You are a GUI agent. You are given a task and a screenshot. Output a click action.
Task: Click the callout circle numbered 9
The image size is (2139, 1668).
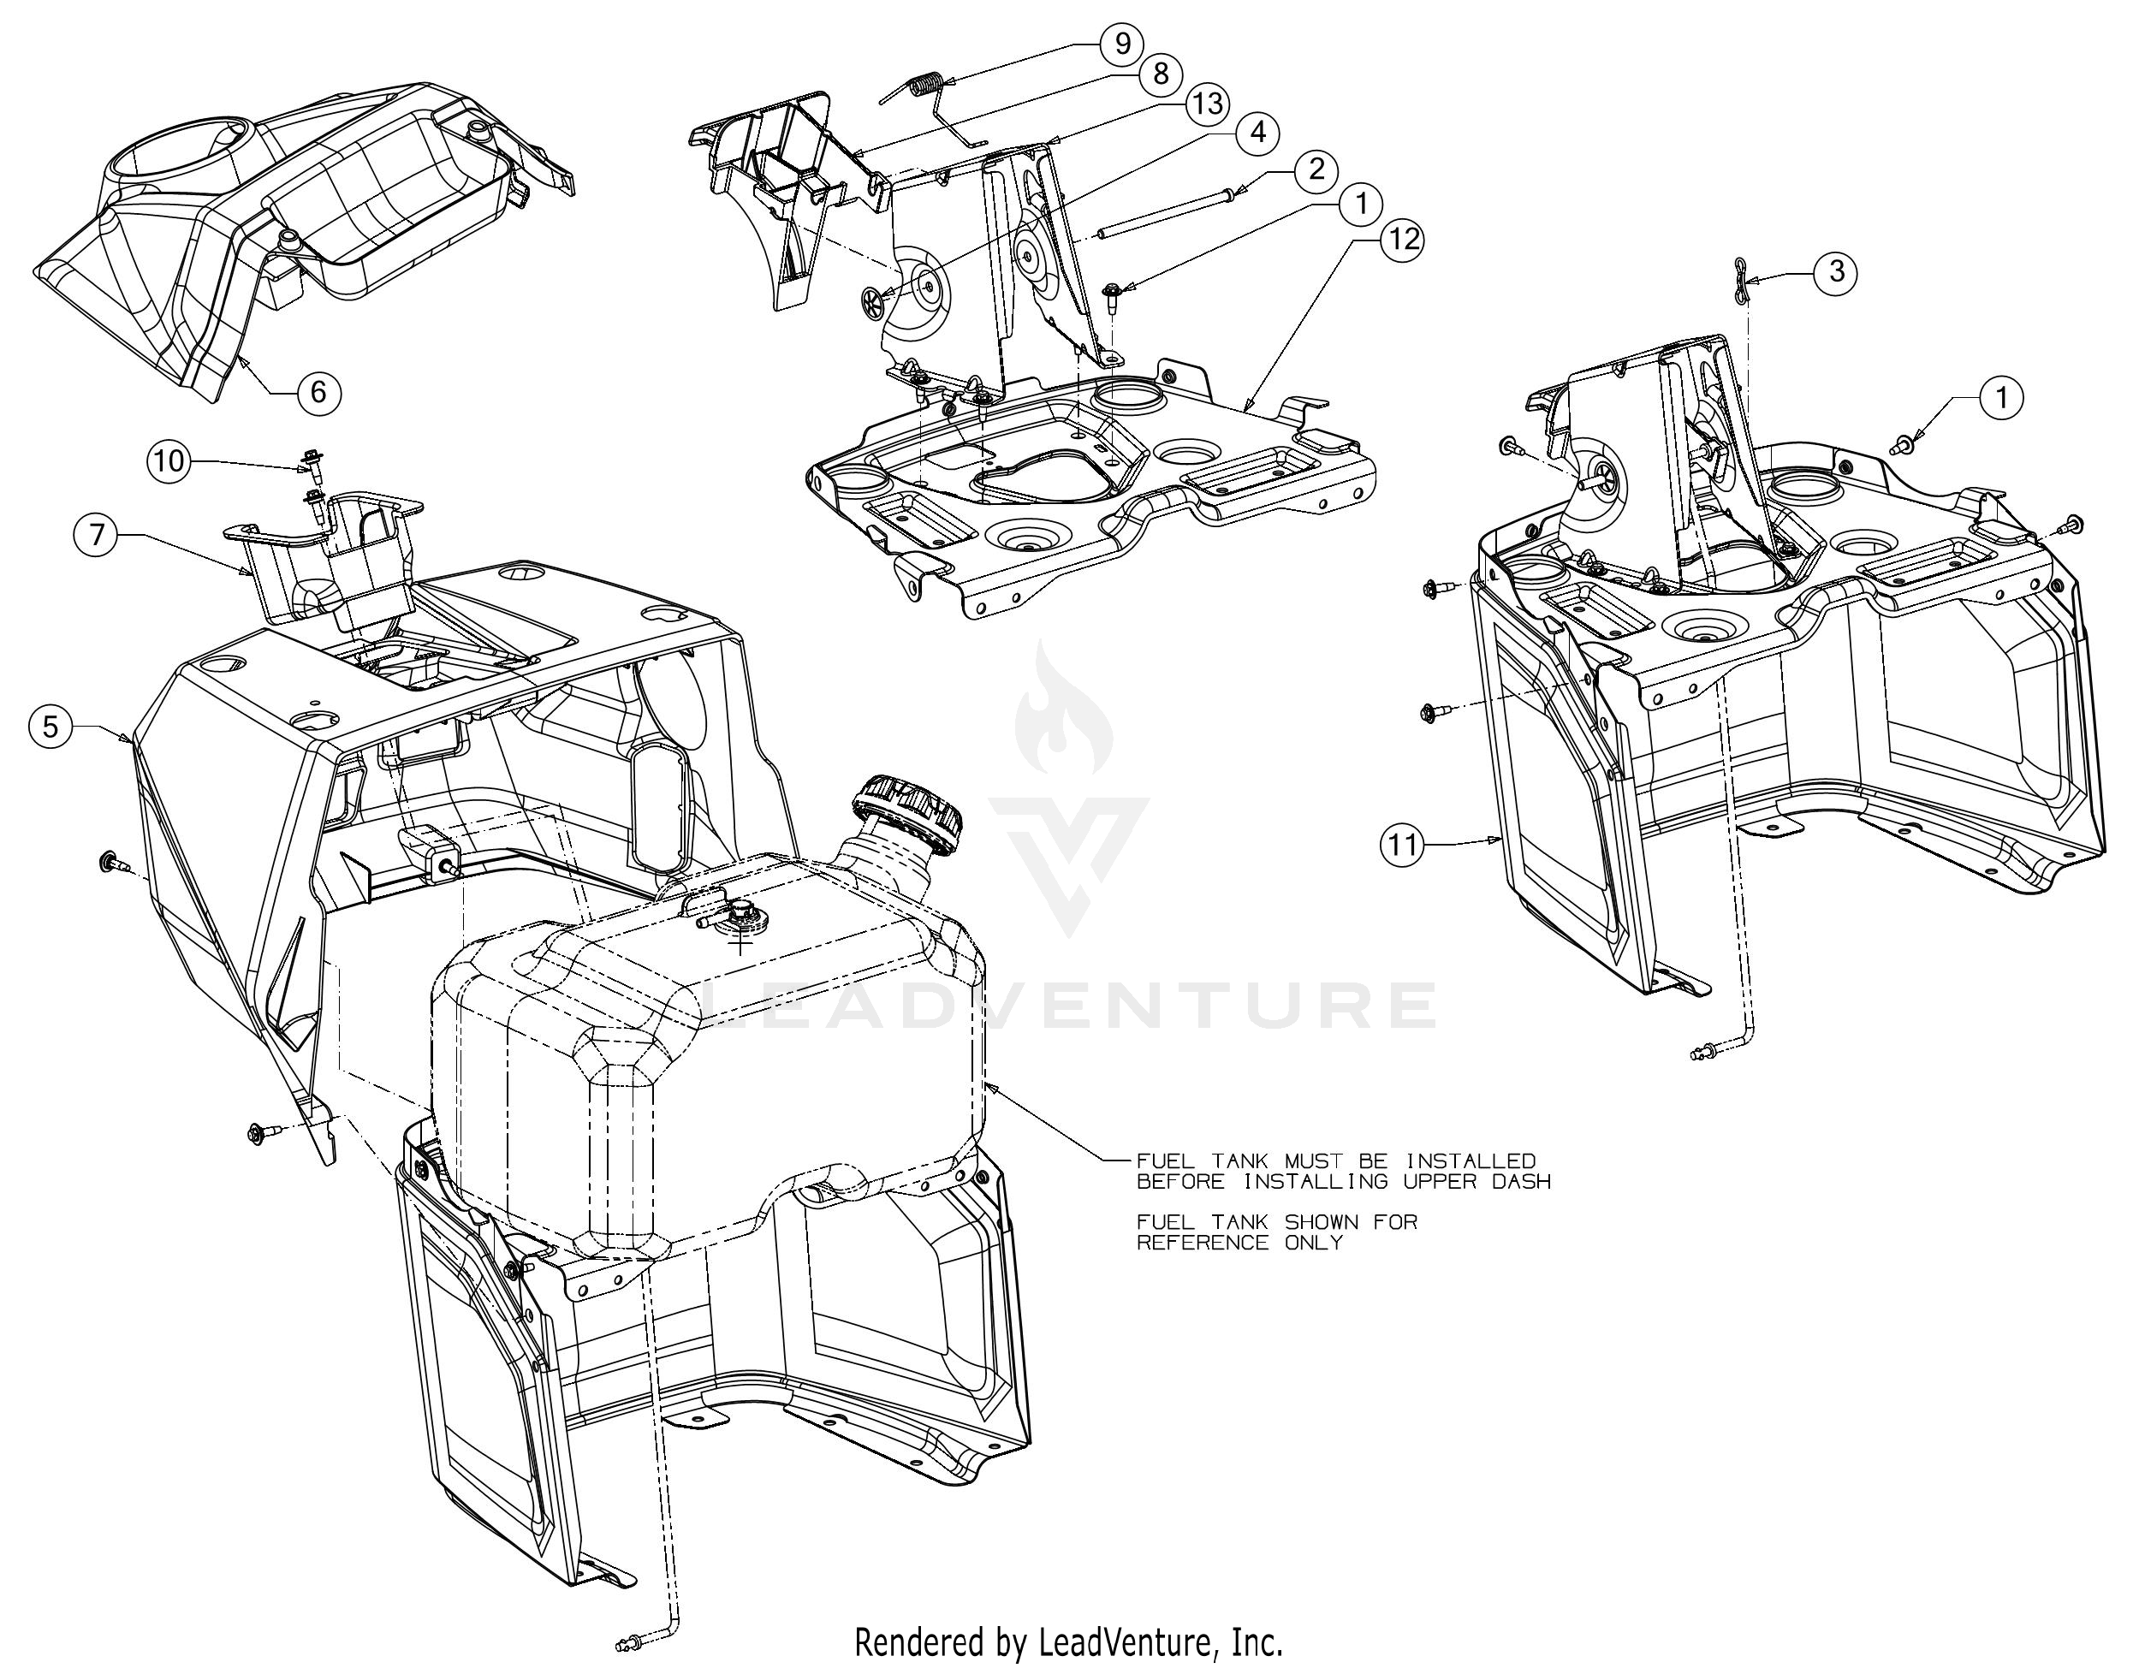click(x=1122, y=43)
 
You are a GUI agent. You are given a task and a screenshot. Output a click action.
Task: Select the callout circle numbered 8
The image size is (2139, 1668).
click(x=1161, y=74)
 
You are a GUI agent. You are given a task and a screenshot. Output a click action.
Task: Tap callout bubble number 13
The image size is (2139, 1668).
click(x=1208, y=103)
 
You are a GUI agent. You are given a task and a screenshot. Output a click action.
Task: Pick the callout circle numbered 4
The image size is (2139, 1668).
click(x=1257, y=133)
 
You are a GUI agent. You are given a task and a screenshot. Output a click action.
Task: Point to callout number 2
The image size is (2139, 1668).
click(x=1316, y=169)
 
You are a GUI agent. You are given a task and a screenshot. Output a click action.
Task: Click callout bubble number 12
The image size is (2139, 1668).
click(x=1403, y=239)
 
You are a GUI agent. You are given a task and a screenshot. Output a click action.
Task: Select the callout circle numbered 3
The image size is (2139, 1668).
click(x=1836, y=271)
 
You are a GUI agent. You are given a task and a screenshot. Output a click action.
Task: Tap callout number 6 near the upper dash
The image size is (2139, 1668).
click(x=318, y=392)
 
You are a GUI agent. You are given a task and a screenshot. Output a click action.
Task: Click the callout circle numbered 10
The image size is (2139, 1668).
click(x=169, y=460)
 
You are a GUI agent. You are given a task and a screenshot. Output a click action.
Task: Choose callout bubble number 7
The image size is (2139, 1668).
click(x=96, y=535)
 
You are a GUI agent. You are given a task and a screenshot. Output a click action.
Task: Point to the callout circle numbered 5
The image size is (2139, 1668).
click(x=50, y=726)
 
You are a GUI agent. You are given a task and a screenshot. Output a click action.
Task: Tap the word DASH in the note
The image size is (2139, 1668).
click(x=1517, y=1181)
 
